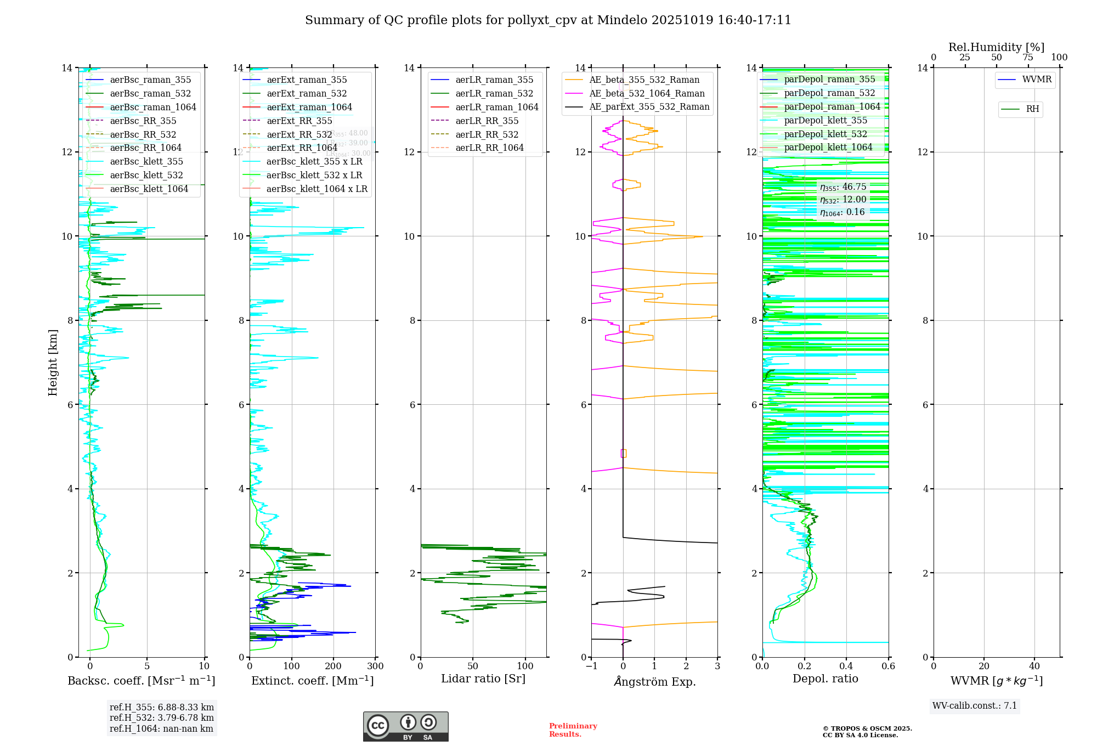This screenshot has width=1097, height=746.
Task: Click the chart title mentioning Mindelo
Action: [x=548, y=20]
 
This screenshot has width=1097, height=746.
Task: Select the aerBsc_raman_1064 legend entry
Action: [x=152, y=107]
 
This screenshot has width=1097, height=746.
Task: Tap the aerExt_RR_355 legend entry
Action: [x=299, y=121]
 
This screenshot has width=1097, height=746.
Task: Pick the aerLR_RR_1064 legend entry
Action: [x=489, y=148]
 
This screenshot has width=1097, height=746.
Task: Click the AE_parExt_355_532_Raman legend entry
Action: [x=649, y=106]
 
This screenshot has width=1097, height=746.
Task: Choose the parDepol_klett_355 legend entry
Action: [x=825, y=120]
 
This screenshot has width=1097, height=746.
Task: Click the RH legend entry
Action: [x=1032, y=109]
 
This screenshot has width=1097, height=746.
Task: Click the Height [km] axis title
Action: [x=53, y=362]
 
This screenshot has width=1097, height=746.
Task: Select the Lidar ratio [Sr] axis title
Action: [x=483, y=679]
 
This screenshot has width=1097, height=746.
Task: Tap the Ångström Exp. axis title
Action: [x=654, y=681]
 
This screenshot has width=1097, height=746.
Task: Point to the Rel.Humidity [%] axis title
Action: [x=996, y=47]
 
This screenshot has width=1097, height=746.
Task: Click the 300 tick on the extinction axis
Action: [x=375, y=666]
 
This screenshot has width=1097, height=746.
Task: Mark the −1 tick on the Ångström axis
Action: [x=591, y=666]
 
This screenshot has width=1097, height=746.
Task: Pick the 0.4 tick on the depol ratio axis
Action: [x=846, y=666]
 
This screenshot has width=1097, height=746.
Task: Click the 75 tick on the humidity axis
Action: [x=1028, y=58]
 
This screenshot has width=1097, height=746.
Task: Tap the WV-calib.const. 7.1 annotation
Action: [x=975, y=705]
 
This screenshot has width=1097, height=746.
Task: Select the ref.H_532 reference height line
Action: [x=161, y=717]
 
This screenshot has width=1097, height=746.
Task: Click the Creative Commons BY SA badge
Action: [x=405, y=726]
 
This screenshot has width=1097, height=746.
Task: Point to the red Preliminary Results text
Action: [x=573, y=730]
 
